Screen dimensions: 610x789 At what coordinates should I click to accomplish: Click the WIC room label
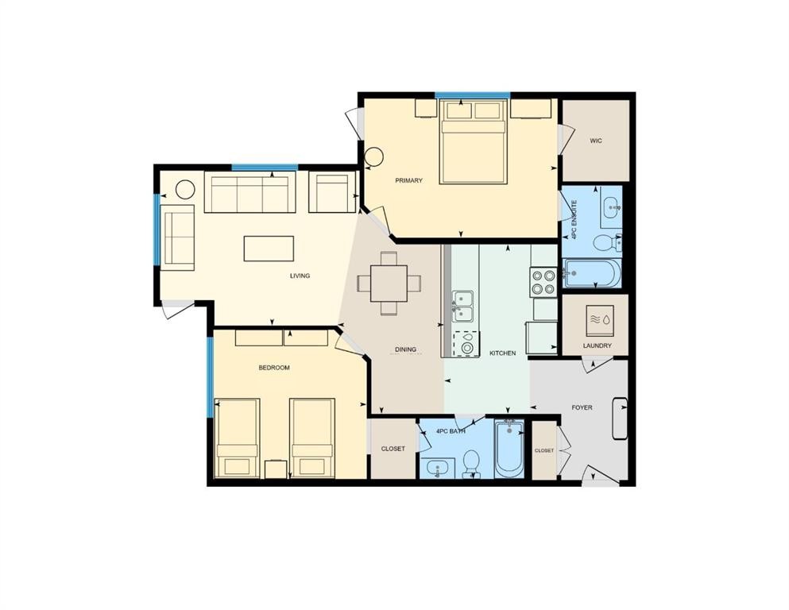click(595, 141)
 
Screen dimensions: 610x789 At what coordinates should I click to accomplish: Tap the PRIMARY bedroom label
click(408, 180)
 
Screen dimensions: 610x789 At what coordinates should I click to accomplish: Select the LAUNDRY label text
click(597, 346)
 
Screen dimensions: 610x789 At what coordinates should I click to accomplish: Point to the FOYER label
click(582, 407)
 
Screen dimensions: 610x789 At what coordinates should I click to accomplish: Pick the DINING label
click(405, 349)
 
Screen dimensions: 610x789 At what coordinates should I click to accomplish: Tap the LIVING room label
click(300, 276)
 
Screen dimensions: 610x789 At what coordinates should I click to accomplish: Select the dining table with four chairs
click(389, 283)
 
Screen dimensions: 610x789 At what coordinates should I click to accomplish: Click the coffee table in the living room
click(269, 248)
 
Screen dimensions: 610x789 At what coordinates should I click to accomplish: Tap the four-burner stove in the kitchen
click(543, 280)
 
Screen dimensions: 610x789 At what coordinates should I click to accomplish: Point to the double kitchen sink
click(463, 306)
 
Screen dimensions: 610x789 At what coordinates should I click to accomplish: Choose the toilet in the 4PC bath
click(471, 462)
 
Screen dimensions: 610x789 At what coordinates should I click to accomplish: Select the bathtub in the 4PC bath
click(509, 450)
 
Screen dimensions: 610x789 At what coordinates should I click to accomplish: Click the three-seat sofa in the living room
click(249, 193)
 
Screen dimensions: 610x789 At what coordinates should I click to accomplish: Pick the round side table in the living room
click(185, 190)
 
